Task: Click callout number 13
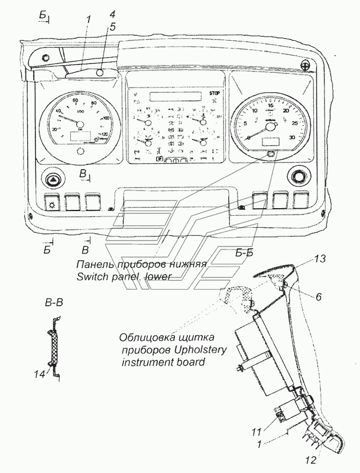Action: click(320, 259)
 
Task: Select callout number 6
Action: click(318, 296)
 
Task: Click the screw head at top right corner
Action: click(305, 65)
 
